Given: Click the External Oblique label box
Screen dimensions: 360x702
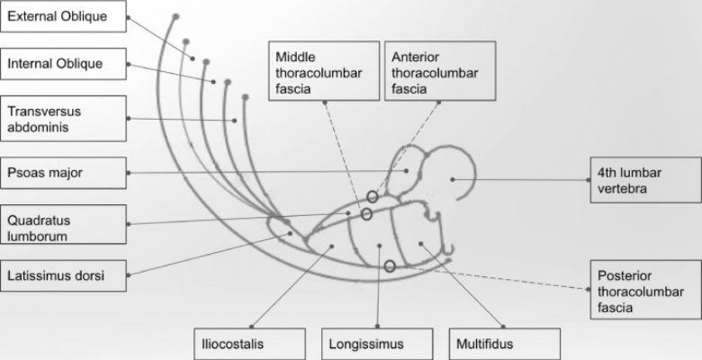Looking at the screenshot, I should pyautogui.click(x=63, y=17).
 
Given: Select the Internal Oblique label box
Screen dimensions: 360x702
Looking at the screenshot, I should pyautogui.click(x=63, y=64).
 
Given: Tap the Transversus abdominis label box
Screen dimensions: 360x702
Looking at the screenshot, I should pyautogui.click(x=63, y=118).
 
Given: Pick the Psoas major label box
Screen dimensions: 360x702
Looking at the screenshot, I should pyautogui.click(x=63, y=172).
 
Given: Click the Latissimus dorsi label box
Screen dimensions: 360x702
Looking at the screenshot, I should pyautogui.click(x=63, y=274).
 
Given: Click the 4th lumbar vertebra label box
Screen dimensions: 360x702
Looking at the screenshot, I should pyautogui.click(x=642, y=179).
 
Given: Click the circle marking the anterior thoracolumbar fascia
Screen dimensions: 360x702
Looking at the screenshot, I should pyautogui.click(x=373, y=196).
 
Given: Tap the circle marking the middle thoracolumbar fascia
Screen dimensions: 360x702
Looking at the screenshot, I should pyautogui.click(x=366, y=214).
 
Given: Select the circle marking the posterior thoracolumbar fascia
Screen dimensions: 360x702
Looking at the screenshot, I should pyautogui.click(x=390, y=266).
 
